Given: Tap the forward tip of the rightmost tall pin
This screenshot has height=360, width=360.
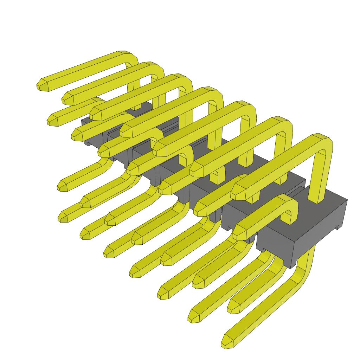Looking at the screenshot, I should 238,192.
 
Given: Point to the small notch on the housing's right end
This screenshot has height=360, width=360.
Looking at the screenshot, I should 339,227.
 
